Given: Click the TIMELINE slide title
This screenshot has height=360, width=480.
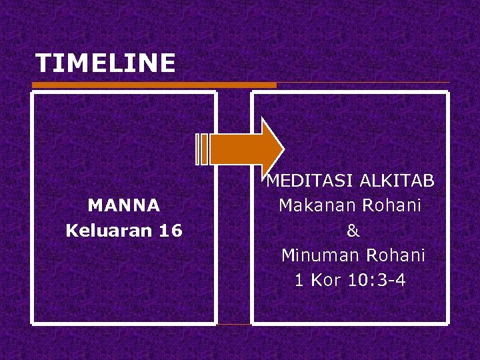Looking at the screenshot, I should pyautogui.click(x=105, y=63).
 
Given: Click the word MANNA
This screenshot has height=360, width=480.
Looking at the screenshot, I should pyautogui.click(x=124, y=205).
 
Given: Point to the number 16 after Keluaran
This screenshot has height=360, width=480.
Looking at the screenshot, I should pyautogui.click(x=171, y=231).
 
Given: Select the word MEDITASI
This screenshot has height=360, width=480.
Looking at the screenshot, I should pyautogui.click(x=309, y=181).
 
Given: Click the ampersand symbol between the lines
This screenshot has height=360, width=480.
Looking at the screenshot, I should pyautogui.click(x=353, y=231).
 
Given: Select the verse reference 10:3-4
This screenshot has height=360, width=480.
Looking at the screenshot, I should pyautogui.click(x=377, y=280).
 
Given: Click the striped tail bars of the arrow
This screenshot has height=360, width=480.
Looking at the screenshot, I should pyautogui.click(x=202, y=149).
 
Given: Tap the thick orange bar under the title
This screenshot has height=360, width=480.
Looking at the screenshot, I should pyautogui.click(x=153, y=85).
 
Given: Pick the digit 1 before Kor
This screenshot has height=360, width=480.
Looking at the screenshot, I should pyautogui.click(x=299, y=280).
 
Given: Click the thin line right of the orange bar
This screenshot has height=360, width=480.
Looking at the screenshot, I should pyautogui.click(x=363, y=83).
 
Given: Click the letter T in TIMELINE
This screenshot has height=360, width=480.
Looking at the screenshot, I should pyautogui.click(x=43, y=63).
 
